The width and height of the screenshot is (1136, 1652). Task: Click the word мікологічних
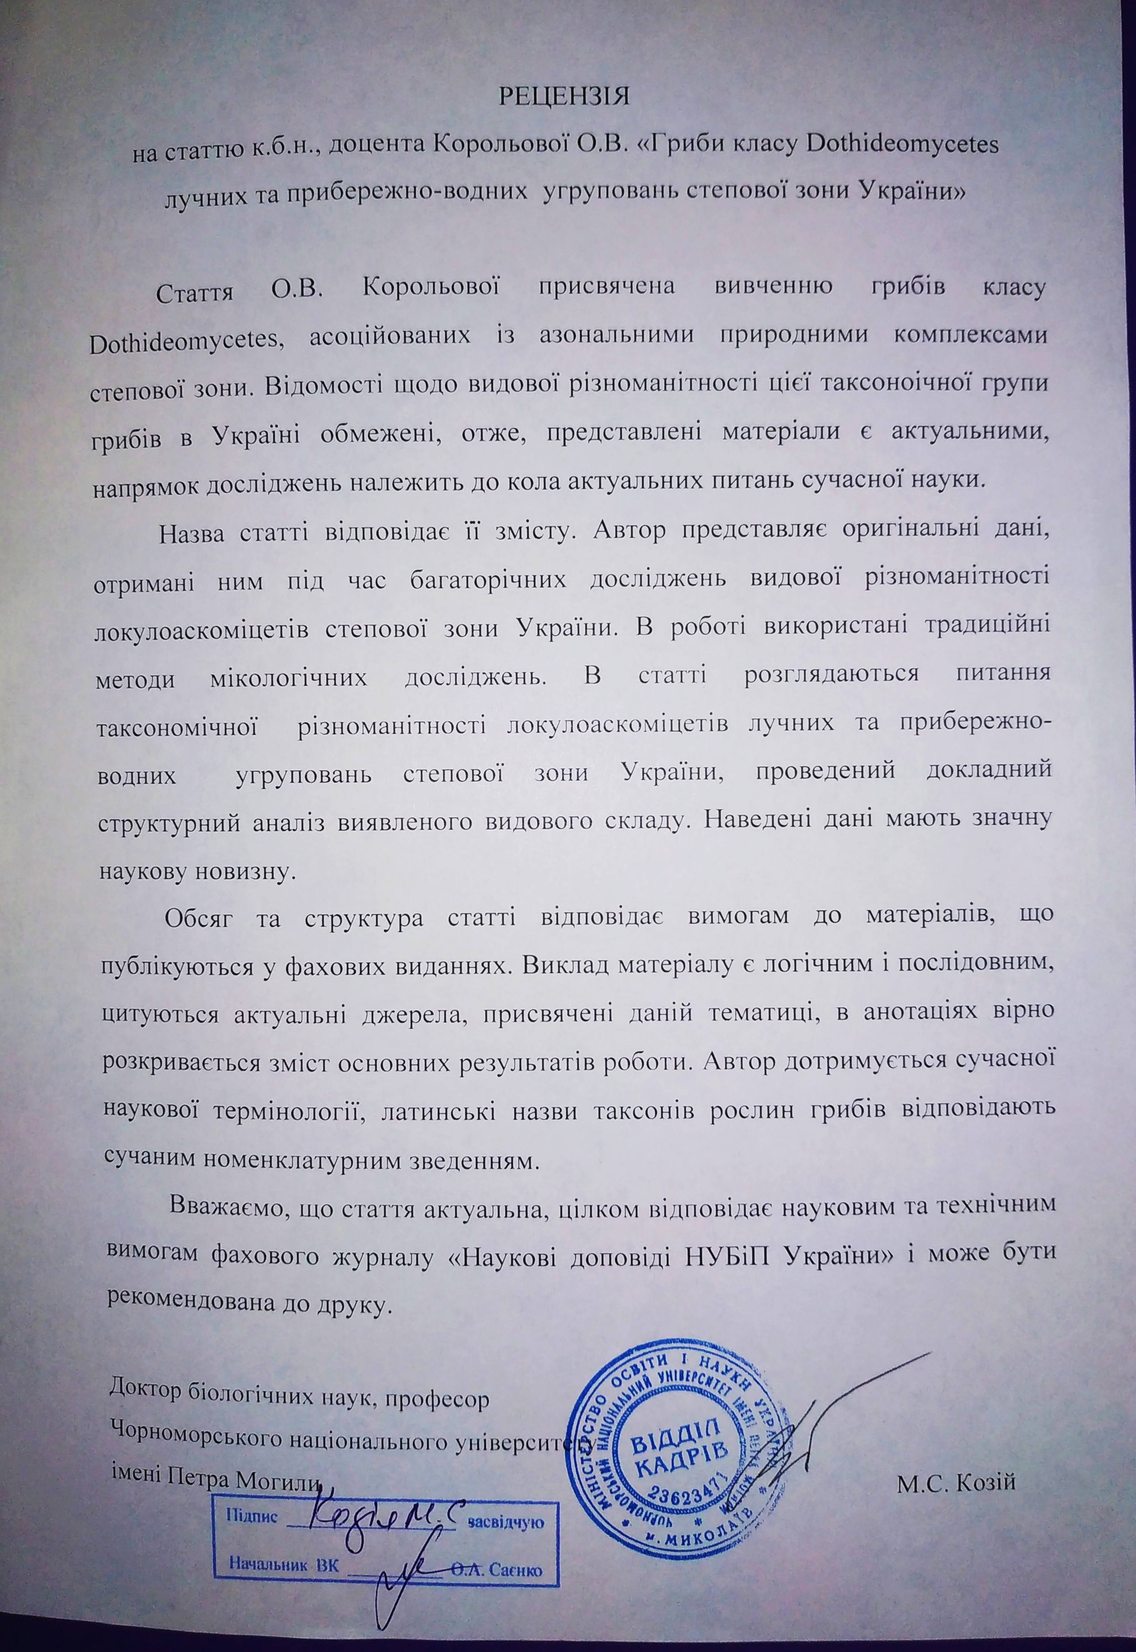tap(290, 676)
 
